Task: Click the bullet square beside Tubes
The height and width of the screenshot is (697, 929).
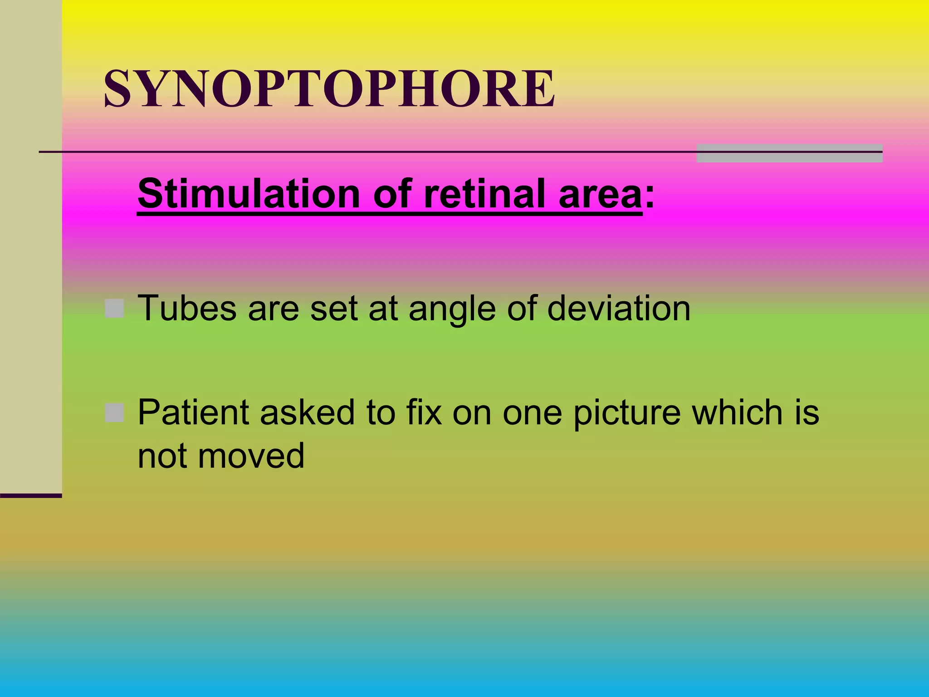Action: pos(114,309)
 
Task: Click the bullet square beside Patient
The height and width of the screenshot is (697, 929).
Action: pos(114,412)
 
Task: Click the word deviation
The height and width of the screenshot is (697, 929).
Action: pos(619,309)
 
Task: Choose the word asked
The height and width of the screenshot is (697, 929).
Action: pos(308,412)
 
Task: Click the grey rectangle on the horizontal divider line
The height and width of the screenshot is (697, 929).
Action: pos(789,153)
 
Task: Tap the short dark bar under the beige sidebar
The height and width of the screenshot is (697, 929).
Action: pos(31,496)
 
